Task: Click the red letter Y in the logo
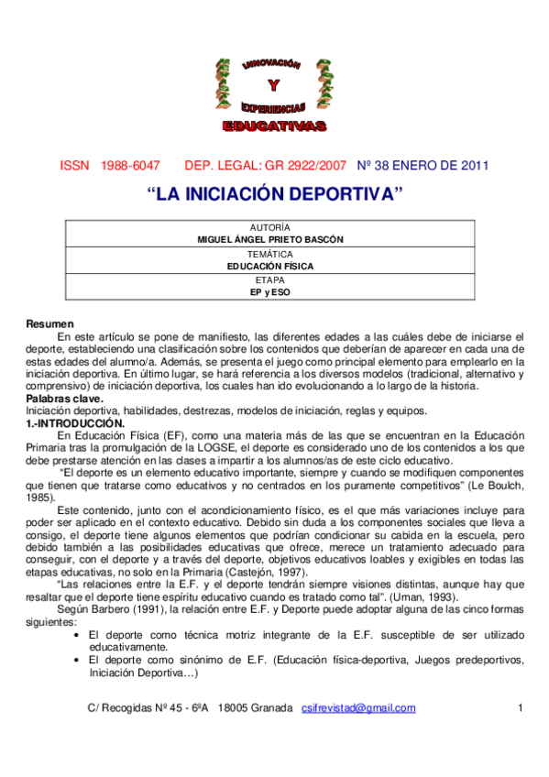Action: pos(273,87)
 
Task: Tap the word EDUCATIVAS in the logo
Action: pos(274,124)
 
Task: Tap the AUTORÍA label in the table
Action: pos(269,226)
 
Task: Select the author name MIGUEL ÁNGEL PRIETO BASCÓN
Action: pos(269,238)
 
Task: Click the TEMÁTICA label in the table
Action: pos(269,253)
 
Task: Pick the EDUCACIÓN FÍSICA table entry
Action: pos(269,265)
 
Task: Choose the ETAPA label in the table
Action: pos(269,279)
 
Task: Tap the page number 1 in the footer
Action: pos(520,708)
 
